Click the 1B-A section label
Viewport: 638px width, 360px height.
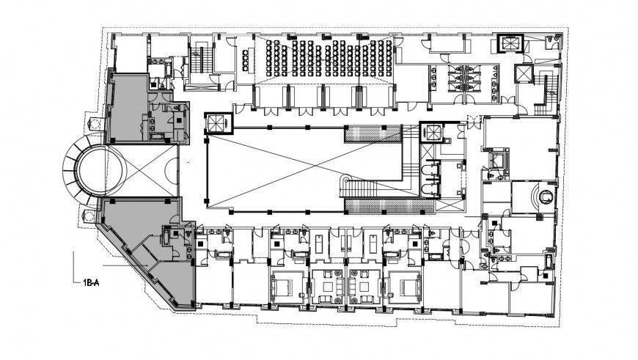point(89,280)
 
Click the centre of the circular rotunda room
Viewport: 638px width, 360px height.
point(93,171)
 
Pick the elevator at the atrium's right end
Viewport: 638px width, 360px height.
point(433,133)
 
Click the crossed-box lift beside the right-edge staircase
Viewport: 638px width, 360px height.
point(524,73)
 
